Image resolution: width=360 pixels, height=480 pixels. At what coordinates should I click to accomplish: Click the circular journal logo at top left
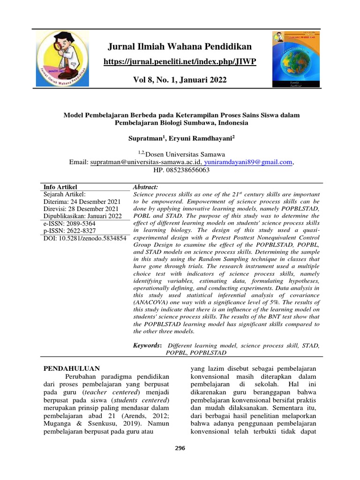coord(62,59)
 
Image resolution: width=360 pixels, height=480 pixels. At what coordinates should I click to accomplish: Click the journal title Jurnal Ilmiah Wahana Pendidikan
coord(180,46)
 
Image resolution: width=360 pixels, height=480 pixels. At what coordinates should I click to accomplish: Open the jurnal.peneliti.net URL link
coord(180,62)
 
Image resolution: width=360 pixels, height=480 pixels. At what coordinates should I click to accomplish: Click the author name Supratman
coord(145,139)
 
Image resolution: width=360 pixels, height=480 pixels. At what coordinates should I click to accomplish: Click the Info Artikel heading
coord(60,187)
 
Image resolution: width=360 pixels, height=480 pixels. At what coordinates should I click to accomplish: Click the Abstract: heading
coord(146,187)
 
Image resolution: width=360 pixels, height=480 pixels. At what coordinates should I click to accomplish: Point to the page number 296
coord(180,448)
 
